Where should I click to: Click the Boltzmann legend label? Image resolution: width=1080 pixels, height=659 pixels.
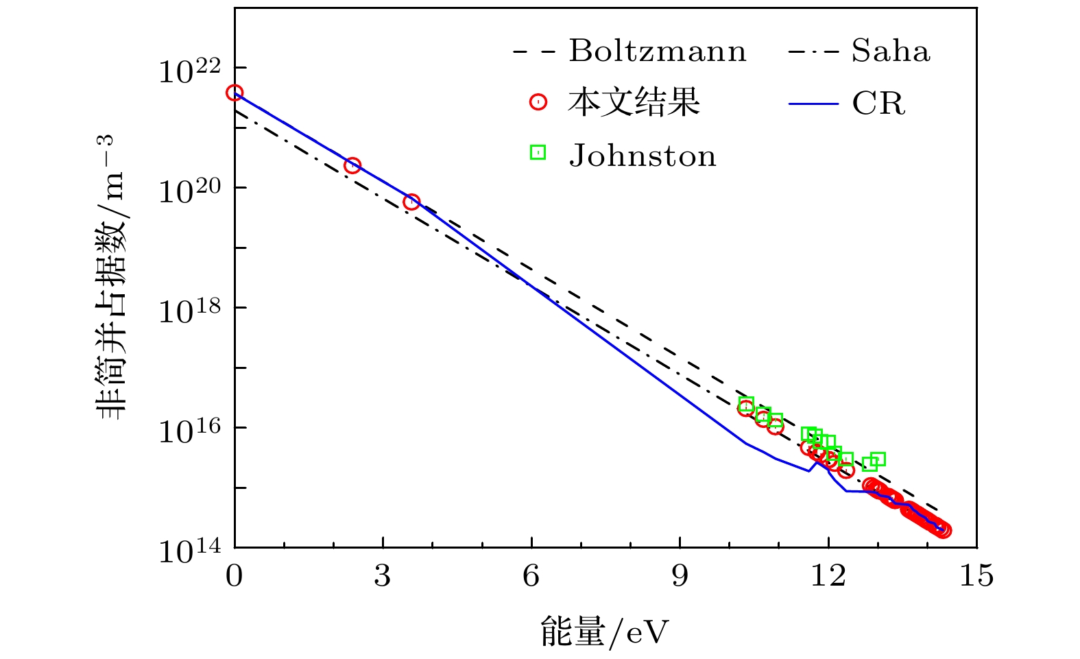point(657,51)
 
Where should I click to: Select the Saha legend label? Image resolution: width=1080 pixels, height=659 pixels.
point(891,51)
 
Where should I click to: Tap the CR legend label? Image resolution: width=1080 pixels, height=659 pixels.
point(878,104)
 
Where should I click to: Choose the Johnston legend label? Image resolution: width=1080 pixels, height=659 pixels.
point(643,156)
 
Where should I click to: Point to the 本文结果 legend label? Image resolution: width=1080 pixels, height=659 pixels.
point(633,103)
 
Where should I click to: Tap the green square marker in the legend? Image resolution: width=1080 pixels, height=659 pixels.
point(538,152)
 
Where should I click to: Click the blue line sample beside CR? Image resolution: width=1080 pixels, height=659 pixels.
point(813,104)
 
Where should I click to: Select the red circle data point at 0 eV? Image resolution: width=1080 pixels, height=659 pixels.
point(235,93)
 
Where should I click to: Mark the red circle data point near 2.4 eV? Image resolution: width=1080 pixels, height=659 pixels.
point(352,165)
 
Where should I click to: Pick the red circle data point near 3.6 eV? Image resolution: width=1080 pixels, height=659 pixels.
point(411,202)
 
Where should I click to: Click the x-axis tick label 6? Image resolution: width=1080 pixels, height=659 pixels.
point(531,576)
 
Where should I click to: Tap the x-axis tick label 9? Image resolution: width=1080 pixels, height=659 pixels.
point(680,576)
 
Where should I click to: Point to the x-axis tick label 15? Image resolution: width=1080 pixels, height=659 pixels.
point(976,576)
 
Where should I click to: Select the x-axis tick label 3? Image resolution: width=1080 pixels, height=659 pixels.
point(383,576)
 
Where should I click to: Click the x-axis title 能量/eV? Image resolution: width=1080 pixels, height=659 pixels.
point(603,632)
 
